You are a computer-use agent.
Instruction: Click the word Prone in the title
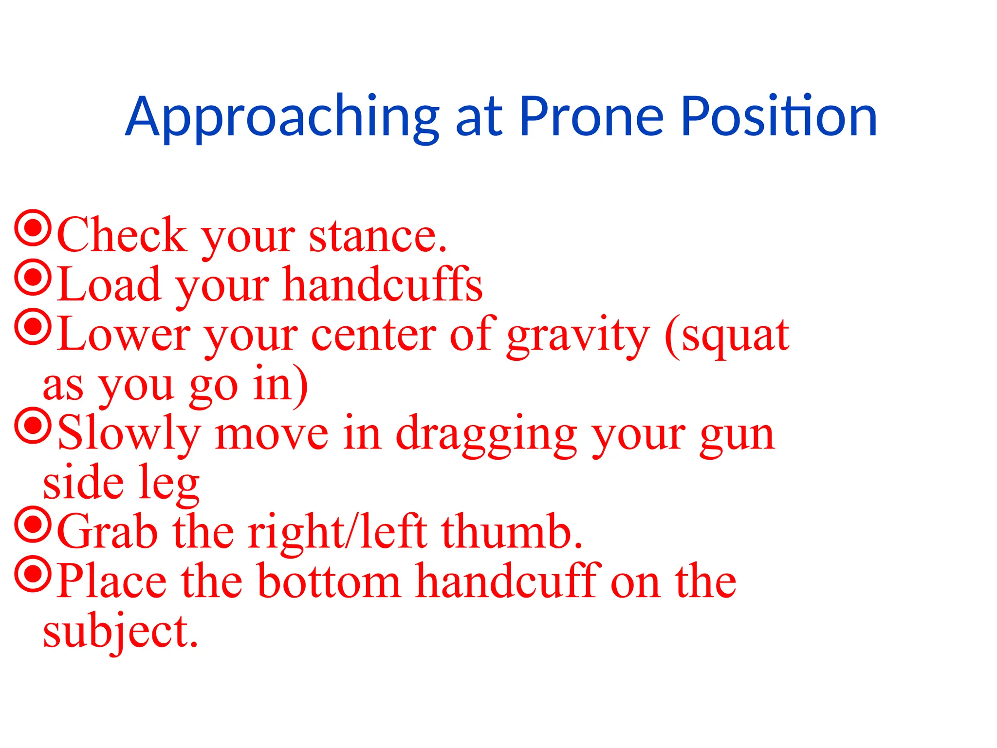click(591, 116)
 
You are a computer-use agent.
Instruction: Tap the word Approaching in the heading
click(282, 116)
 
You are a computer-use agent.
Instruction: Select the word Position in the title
click(778, 116)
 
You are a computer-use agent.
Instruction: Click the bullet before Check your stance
click(33, 228)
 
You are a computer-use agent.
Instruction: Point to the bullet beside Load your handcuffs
click(33, 277)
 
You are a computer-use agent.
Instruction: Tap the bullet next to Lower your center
click(33, 327)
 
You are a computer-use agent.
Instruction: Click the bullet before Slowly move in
click(33, 426)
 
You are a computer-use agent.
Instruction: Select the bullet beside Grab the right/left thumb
click(33, 525)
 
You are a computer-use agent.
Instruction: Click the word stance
click(377, 237)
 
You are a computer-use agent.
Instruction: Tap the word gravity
click(578, 336)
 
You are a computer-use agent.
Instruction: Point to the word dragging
click(486, 435)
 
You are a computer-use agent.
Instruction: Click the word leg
click(169, 485)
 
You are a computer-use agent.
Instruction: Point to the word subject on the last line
click(120, 632)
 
